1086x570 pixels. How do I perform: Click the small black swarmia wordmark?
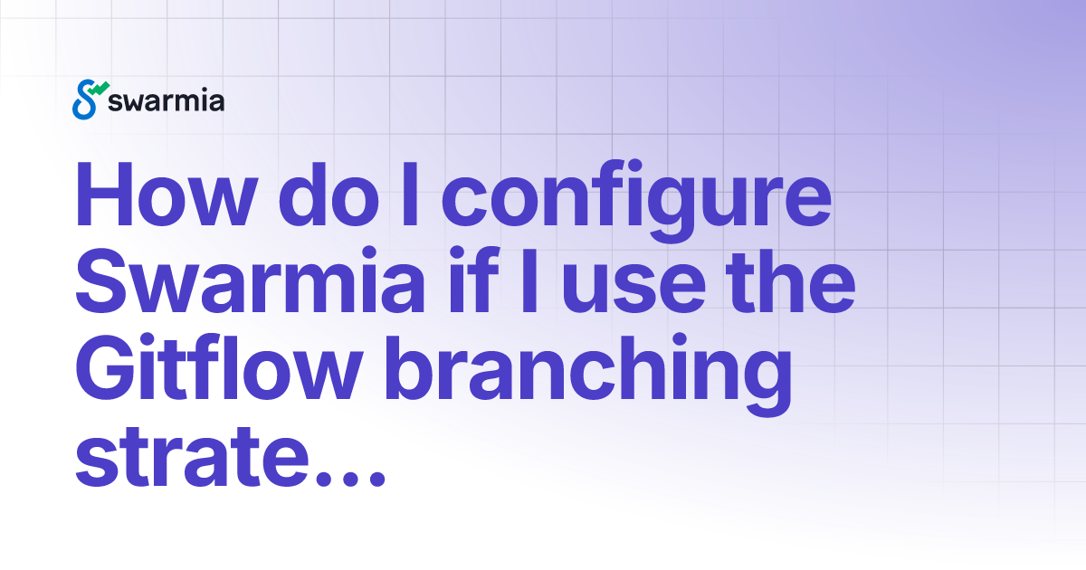click(166, 100)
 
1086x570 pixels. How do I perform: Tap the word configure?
click(640, 199)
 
